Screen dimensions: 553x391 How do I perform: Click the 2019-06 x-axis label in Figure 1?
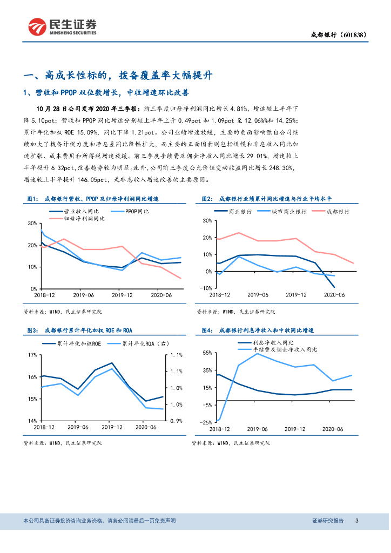point(84,295)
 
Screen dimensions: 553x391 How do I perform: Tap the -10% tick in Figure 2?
point(205,288)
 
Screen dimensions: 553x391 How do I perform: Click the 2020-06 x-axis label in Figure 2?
point(334,295)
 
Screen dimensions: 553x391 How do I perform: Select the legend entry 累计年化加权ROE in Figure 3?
point(82,343)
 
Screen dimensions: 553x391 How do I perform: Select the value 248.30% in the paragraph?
point(280,168)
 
